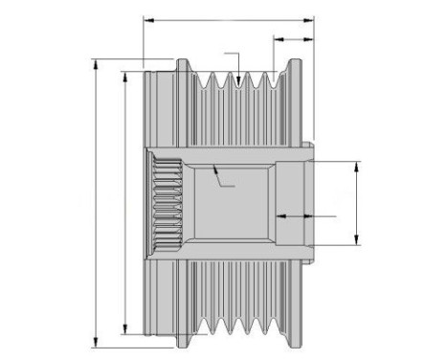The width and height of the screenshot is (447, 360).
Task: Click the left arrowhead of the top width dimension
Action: [x=145, y=17]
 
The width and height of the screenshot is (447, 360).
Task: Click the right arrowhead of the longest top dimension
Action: [x=312, y=17]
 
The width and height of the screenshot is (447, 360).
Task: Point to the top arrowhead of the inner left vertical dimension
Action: [x=125, y=73]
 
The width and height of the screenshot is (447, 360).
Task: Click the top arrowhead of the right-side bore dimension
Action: [x=357, y=164]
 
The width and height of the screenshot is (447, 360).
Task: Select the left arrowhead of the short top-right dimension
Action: [x=276, y=39]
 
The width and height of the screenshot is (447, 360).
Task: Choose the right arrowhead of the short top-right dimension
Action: [x=312, y=39]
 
